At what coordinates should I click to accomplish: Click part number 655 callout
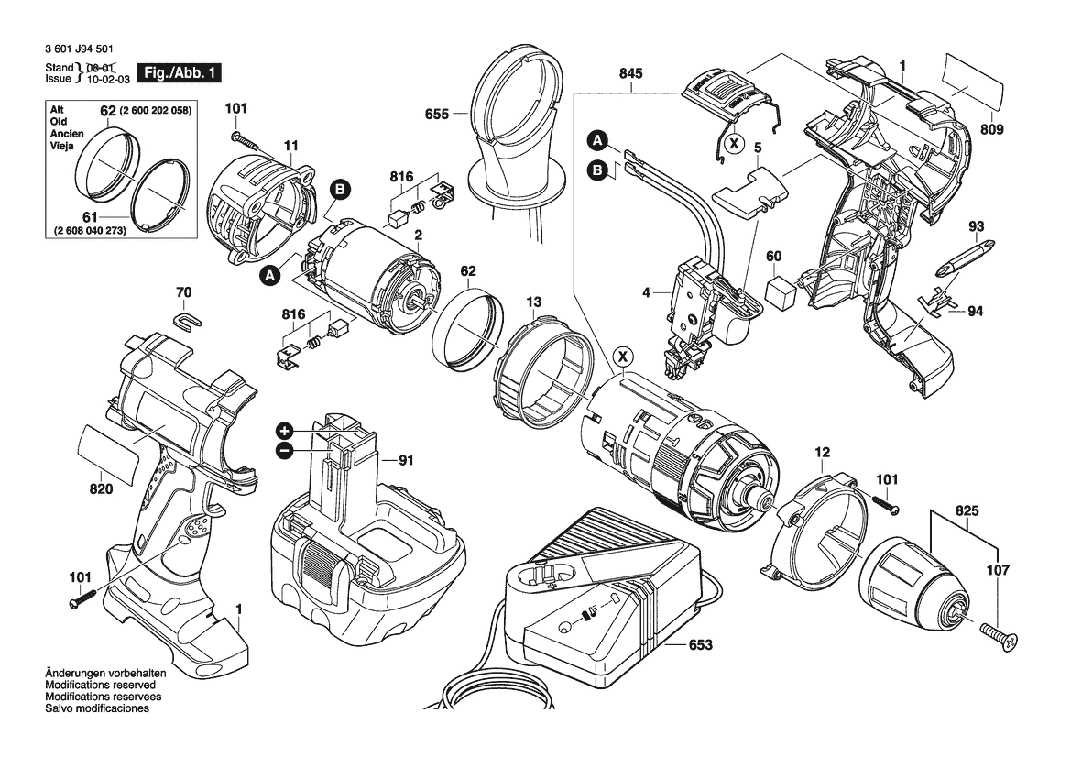click(x=436, y=115)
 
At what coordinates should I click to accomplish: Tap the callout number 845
click(x=630, y=74)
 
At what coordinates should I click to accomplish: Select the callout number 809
click(x=991, y=130)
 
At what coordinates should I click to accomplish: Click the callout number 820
click(x=101, y=489)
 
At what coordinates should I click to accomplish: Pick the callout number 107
click(x=998, y=570)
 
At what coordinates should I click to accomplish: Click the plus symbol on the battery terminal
click(x=284, y=431)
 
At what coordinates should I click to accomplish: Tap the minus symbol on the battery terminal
click(x=284, y=450)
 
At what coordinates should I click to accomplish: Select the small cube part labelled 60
click(x=783, y=291)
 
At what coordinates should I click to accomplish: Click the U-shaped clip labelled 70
click(x=186, y=320)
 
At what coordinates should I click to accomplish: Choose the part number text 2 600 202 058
click(x=156, y=111)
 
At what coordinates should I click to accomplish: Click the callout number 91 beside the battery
click(x=407, y=462)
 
